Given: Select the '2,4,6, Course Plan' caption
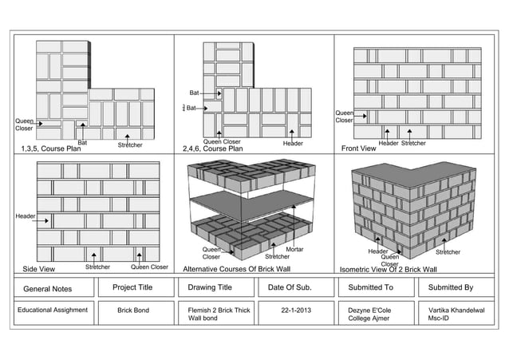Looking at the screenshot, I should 213,148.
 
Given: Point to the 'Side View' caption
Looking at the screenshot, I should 39,269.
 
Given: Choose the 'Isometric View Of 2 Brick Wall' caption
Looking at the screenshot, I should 389,269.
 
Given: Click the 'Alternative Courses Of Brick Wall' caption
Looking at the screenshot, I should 237,269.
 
